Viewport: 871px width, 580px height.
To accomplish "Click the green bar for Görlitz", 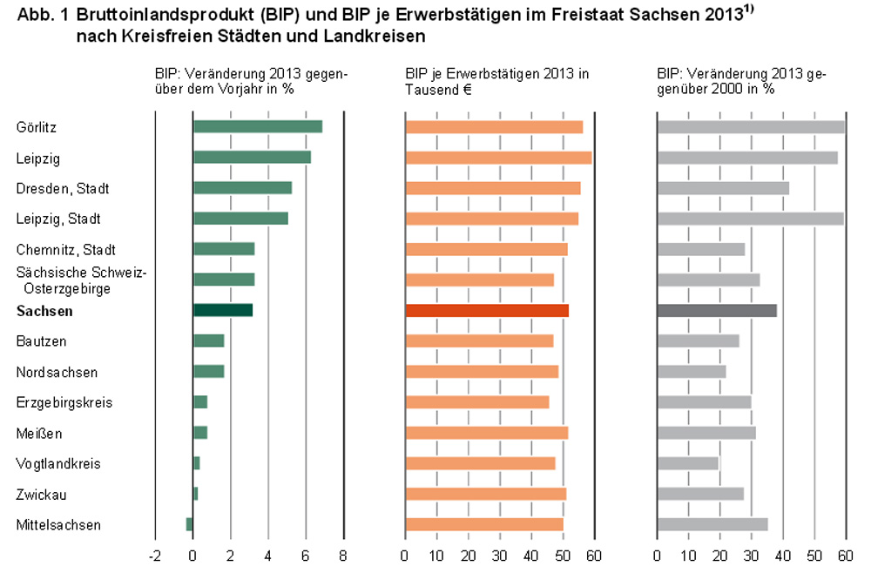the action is point(257,127).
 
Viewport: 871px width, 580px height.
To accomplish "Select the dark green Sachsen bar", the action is point(222,311).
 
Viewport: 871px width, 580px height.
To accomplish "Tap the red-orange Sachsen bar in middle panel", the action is point(486,311).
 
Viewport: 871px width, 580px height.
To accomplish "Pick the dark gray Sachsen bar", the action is point(716,311).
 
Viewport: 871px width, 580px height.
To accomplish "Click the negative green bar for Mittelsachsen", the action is point(189,524).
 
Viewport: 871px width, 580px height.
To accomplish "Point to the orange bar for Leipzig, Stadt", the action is point(491,219).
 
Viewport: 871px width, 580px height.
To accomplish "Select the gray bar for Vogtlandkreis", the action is point(687,463).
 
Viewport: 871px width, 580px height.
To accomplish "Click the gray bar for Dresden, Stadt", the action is point(723,188).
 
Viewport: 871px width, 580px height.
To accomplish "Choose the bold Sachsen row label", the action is point(44,311).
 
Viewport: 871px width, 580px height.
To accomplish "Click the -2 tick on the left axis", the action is point(154,556).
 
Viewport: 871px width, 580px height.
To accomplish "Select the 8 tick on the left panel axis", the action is point(343,556).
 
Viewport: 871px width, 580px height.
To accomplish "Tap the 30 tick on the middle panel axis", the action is point(500,556).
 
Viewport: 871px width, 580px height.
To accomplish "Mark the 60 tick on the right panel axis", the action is point(844,556).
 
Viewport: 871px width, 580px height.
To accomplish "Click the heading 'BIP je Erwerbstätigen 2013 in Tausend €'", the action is point(496,82).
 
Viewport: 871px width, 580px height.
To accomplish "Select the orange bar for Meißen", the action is point(486,433).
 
